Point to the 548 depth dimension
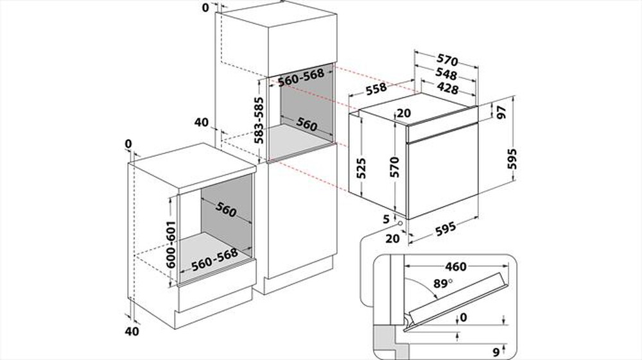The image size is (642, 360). coord(446,74)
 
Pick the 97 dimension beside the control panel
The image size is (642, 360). coord(502,111)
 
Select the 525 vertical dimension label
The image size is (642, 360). coord(362,167)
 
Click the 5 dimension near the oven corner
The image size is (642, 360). coord(386,219)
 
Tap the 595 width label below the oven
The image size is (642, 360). coord(446,227)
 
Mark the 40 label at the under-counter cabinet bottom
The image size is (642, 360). coord(132,331)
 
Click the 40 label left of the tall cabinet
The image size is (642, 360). coord(202,122)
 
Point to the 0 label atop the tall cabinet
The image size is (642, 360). coord(205,8)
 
